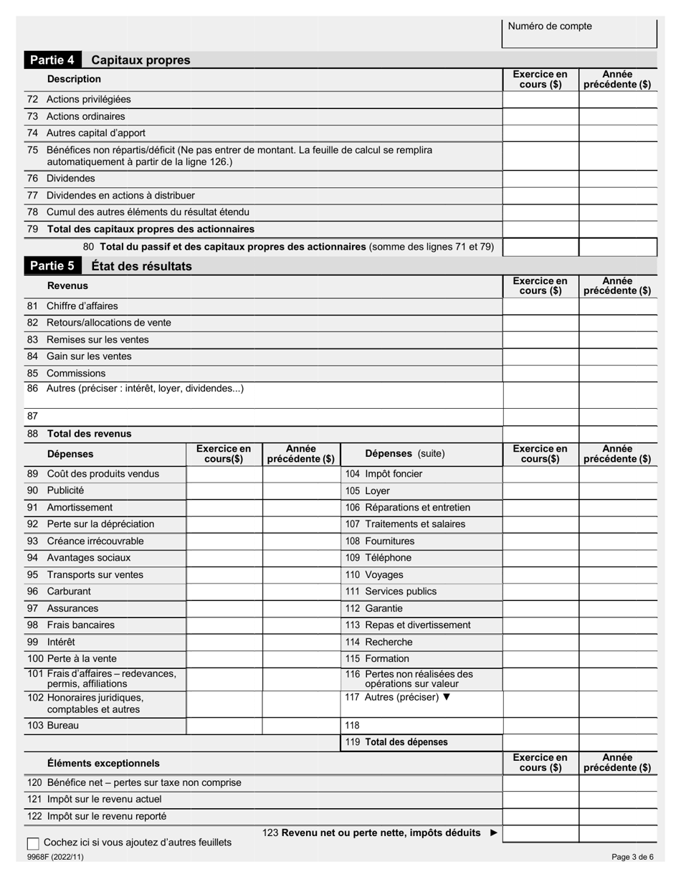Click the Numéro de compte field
click(579, 34)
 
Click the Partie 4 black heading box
click(52, 60)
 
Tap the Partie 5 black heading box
click(52, 266)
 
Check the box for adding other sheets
click(33, 843)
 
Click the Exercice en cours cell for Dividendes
click(540, 179)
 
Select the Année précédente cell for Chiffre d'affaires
click(618, 306)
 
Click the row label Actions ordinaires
click(85, 116)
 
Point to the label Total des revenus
click(89, 434)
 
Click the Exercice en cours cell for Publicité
click(224, 490)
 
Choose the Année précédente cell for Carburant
click(301, 592)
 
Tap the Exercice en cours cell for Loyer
click(540, 490)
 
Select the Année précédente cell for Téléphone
click(618, 558)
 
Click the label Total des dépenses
click(406, 742)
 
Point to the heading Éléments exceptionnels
click(103, 763)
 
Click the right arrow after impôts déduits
click(492, 833)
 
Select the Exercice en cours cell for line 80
click(540, 247)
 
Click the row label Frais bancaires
click(80, 625)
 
